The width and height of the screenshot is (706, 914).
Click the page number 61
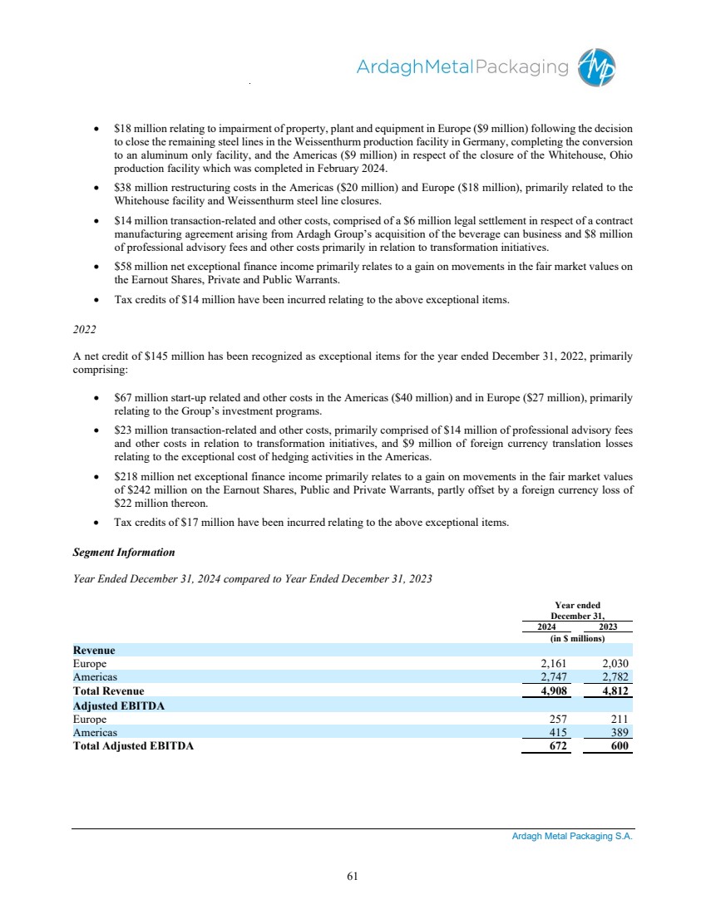click(353, 875)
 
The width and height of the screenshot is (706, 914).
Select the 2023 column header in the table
click(610, 627)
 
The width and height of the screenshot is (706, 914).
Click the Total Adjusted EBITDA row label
click(133, 746)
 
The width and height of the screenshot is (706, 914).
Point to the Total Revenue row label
click(108, 691)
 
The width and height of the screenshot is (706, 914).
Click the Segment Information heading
click(125, 552)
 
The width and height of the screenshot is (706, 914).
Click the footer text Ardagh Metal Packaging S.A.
click(572, 838)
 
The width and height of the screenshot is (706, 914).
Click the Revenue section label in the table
click(94, 650)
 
